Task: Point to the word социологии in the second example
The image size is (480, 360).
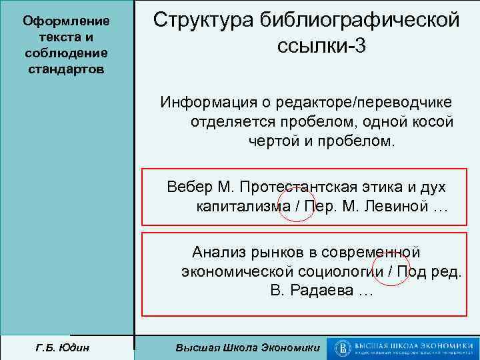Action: point(344,273)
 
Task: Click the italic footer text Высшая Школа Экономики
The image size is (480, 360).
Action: point(247,347)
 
